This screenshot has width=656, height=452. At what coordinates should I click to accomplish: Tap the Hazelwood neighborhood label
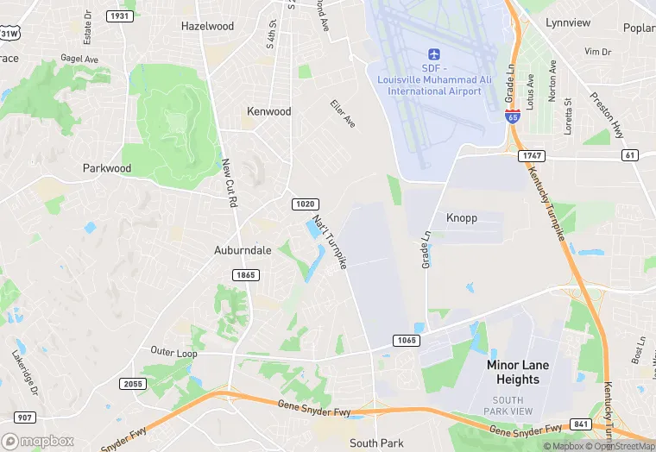(207, 26)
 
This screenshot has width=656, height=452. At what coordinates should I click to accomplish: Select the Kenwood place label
(269, 111)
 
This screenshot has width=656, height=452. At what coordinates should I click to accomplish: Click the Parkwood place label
(107, 168)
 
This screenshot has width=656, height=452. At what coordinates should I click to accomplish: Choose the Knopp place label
(461, 218)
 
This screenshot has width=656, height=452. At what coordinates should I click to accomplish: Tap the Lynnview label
(567, 22)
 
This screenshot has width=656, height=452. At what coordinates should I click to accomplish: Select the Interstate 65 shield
(512, 116)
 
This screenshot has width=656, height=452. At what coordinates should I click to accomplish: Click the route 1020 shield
(304, 204)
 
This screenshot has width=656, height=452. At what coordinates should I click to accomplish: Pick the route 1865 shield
(244, 274)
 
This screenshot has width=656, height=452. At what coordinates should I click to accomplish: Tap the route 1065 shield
(407, 341)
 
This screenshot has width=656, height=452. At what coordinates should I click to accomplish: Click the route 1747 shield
(531, 155)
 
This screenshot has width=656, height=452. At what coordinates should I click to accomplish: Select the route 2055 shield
(133, 384)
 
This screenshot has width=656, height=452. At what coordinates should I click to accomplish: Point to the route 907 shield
(23, 417)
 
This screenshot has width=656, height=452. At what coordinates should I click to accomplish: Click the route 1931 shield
(118, 16)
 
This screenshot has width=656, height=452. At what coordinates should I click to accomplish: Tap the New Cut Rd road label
(230, 183)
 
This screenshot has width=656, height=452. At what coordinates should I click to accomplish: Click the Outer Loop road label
(173, 352)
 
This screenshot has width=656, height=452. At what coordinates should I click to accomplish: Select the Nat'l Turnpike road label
(330, 242)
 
